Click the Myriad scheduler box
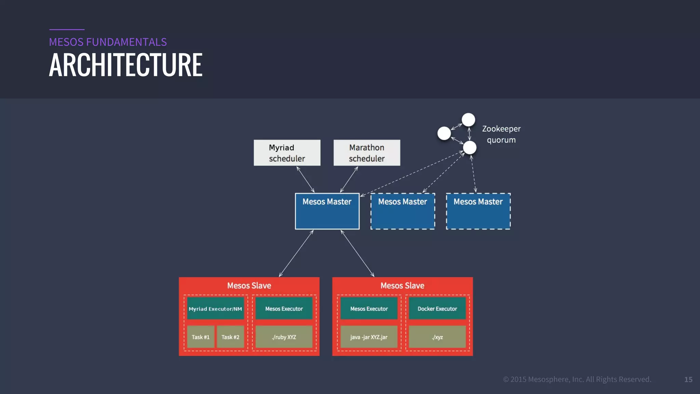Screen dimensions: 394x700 [x=287, y=153]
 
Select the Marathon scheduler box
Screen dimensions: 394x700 [x=367, y=153]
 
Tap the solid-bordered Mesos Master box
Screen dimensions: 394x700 [x=327, y=211]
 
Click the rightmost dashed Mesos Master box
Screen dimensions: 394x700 [x=478, y=211]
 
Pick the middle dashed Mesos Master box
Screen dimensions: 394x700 [x=403, y=211]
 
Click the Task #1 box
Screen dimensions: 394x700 [x=201, y=337]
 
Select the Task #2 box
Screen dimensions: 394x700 [x=230, y=337]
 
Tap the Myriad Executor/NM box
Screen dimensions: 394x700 [x=215, y=308]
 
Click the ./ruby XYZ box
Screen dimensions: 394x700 [x=284, y=337]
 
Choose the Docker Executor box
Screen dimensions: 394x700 [x=437, y=308]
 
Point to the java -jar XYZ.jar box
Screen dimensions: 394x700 [x=369, y=337]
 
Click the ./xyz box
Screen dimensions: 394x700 [x=437, y=337]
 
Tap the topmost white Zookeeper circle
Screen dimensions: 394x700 [x=468, y=120]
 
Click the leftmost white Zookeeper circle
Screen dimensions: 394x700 [x=444, y=133]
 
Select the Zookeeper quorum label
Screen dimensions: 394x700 [x=501, y=134]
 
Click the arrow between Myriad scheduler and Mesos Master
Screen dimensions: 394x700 [x=306, y=180]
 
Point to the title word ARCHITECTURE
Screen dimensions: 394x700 [x=126, y=65]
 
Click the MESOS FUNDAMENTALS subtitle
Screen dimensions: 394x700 [x=108, y=42]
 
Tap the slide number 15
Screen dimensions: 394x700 [x=688, y=379]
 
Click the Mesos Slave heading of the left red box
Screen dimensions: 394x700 [x=249, y=286]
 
